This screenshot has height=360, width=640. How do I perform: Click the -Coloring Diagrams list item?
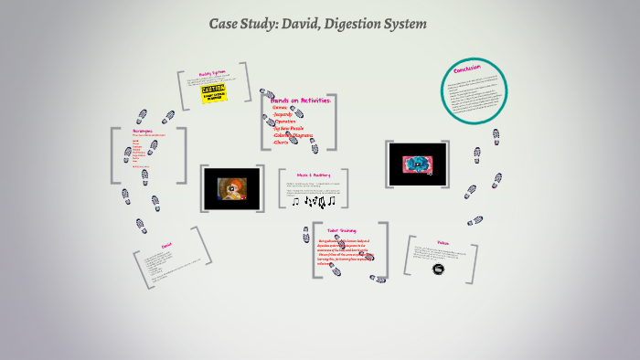click(x=293, y=136)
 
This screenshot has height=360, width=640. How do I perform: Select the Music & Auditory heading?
click(x=313, y=175)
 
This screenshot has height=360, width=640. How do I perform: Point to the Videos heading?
click(x=443, y=242)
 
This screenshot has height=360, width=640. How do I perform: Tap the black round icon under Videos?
click(x=439, y=269)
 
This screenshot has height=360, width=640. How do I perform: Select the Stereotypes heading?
click(x=143, y=131)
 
